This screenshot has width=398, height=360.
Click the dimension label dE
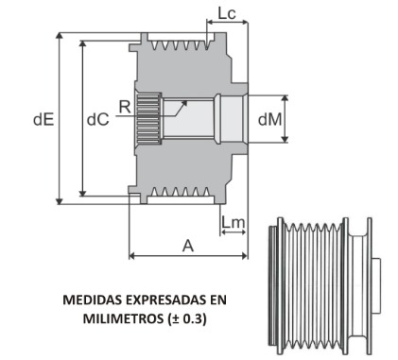tap(43, 120)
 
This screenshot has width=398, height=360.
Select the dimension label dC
tap(96, 120)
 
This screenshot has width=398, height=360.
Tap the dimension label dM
tap(269, 119)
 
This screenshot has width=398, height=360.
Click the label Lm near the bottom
tap(234, 222)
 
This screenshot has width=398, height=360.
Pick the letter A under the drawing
tap(187, 244)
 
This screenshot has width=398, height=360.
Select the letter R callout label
tap(125, 108)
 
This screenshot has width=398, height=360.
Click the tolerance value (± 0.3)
tap(184, 318)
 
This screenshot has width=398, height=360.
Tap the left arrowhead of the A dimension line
tap(132, 255)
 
